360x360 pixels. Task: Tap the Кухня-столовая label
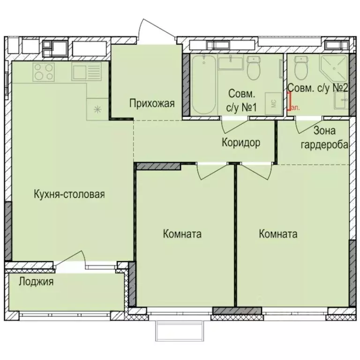pyautogui.click(x=69, y=194)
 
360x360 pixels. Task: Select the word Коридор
pyautogui.click(x=241, y=142)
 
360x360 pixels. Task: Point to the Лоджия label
pyautogui.click(x=36, y=282)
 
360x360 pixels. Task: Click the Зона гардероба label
pyautogui.click(x=324, y=138)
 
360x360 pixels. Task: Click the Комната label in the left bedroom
pyautogui.click(x=182, y=233)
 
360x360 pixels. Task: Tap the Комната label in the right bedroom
pyautogui.click(x=278, y=234)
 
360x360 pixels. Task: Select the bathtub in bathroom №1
pyautogui.click(x=204, y=84)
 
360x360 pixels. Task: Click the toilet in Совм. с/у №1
pyautogui.click(x=254, y=69)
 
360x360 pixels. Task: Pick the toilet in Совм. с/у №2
pyautogui.click(x=300, y=69)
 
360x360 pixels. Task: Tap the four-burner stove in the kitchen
pyautogui.click(x=44, y=72)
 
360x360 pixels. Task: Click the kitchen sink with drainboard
pyautogui.click(x=86, y=72)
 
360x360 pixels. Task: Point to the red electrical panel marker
pyautogui.click(x=289, y=100)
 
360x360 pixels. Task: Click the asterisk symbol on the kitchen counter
pyautogui.click(x=97, y=109)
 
